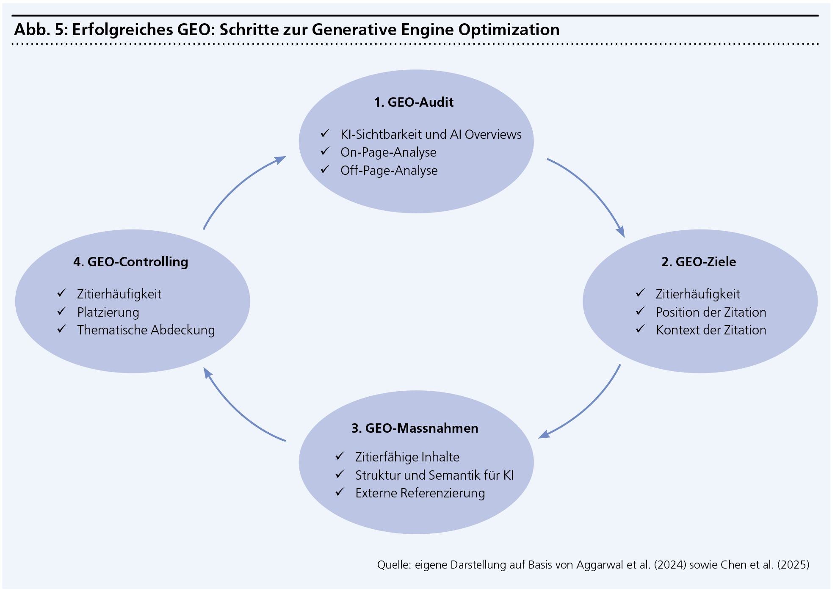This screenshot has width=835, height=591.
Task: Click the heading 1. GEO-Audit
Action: tap(414, 102)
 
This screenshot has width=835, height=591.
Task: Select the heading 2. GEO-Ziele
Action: tap(699, 262)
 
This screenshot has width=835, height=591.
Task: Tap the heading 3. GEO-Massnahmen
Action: tap(415, 428)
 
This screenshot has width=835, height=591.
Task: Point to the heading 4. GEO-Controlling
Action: tap(130, 262)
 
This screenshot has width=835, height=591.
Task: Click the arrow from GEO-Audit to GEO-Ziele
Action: tap(593, 191)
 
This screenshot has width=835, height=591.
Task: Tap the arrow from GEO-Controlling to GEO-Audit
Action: tap(237, 186)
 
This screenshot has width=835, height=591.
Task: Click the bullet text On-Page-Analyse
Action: tap(388, 152)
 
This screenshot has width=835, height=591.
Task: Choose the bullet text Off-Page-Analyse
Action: tap(389, 171)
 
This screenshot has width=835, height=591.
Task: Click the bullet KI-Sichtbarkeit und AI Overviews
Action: tap(431, 135)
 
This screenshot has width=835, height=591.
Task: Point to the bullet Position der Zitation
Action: tap(711, 312)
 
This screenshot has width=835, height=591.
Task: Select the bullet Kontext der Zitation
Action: tap(711, 330)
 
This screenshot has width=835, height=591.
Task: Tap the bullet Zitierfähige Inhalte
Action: tap(407, 457)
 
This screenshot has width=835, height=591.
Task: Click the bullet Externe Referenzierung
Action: tap(420, 493)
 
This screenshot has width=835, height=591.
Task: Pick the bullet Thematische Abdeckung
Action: tap(146, 330)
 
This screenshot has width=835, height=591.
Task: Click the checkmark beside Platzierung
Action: tap(62, 312)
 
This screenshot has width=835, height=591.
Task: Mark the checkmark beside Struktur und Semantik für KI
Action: tap(340, 475)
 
